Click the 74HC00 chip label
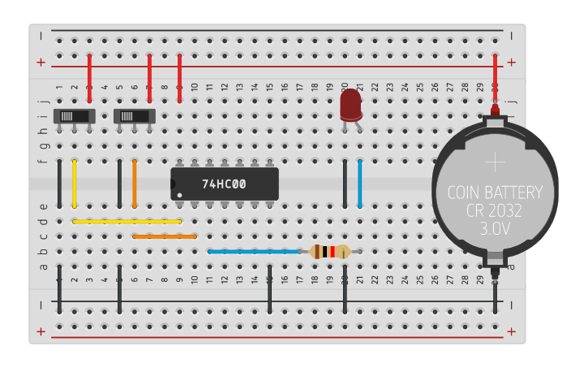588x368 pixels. tap(224, 184)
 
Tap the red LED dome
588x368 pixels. tap(350, 104)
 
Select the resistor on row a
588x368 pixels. tap(330, 252)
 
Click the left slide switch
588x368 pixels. tap(75, 115)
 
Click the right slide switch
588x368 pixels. tap(135, 115)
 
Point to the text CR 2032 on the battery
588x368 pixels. tap(494, 211)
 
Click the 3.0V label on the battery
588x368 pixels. tap(494, 229)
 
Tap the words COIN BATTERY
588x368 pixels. tap(494, 193)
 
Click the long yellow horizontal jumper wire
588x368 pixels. tap(127, 221)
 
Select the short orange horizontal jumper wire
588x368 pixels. tap(165, 236)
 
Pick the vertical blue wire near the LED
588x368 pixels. tap(360, 184)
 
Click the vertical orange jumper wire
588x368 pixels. tap(135, 184)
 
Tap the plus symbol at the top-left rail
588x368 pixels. tap(41, 62)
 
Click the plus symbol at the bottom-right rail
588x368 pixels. tap(511, 331)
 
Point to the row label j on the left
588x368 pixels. tap(45, 102)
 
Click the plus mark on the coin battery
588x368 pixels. tap(494, 162)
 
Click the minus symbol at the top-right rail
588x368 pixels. tap(511, 34)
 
